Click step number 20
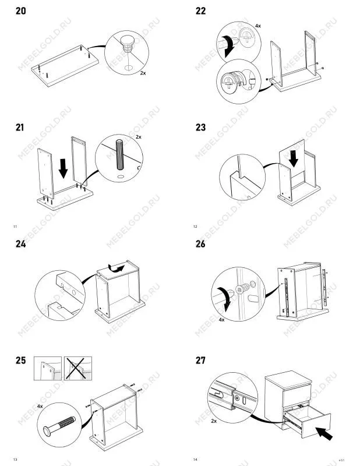(21, 11)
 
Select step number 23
(200, 128)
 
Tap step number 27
(200, 361)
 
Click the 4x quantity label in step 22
(257, 26)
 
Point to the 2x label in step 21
(139, 137)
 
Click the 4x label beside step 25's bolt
(40, 406)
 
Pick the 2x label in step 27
(214, 421)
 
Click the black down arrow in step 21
(63, 168)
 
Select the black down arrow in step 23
(294, 158)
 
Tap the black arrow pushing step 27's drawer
(324, 433)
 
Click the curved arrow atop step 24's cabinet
(117, 268)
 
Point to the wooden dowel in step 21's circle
(120, 154)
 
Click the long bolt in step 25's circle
(59, 426)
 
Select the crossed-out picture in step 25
(78, 369)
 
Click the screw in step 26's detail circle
(243, 288)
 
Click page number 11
(15, 227)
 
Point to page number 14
(195, 460)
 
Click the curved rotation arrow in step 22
(229, 45)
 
